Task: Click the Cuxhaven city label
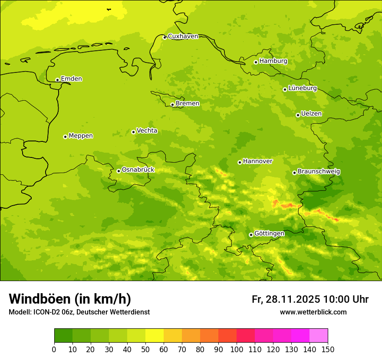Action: (x=183, y=36)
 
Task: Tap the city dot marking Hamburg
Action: (x=256, y=62)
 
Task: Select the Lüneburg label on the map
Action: (x=302, y=88)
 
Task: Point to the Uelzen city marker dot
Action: (x=298, y=115)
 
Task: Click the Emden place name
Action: (x=71, y=79)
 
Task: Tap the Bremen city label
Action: (x=187, y=104)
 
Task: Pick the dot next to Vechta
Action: (x=133, y=132)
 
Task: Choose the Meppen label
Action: (x=80, y=136)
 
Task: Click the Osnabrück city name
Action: (x=138, y=170)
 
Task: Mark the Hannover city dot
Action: (x=240, y=162)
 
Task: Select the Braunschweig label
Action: (x=319, y=172)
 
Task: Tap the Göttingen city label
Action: (x=269, y=234)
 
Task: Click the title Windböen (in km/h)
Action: (x=70, y=299)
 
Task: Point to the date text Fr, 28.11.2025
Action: (x=286, y=299)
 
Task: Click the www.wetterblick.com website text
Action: (x=313, y=312)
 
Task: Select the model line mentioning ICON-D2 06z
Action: (x=79, y=312)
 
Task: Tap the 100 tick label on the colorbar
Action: (x=237, y=349)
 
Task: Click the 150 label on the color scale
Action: (x=328, y=349)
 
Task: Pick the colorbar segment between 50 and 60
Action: (x=155, y=336)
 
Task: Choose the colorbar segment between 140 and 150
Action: (x=319, y=336)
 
